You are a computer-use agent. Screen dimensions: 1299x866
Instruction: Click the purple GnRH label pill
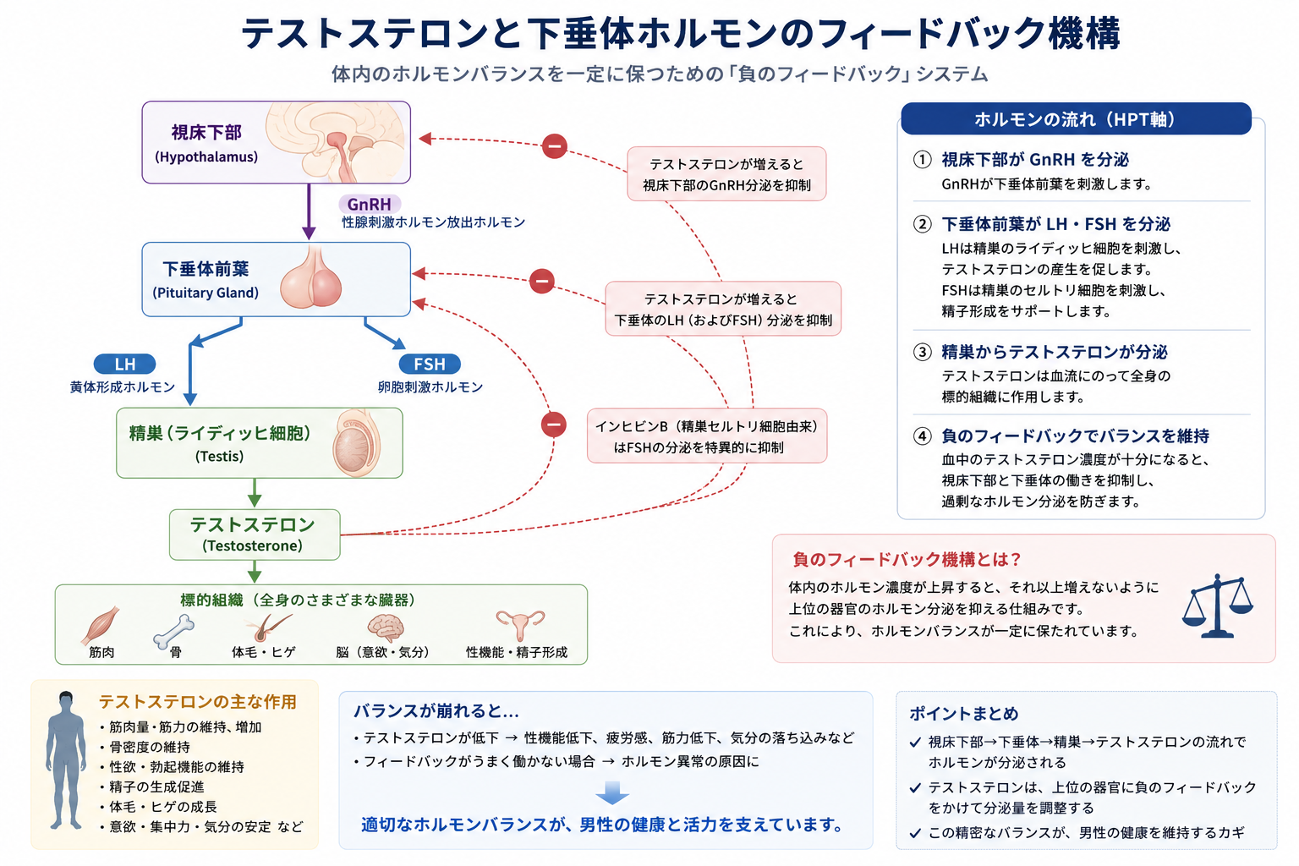click(370, 204)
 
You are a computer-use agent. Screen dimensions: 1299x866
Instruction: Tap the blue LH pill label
click(124, 364)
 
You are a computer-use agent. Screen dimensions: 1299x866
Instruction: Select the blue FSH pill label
click(430, 364)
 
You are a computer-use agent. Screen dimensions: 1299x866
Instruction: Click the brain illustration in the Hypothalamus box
click(335, 142)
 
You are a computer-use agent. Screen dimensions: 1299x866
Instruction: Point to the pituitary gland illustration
click(311, 277)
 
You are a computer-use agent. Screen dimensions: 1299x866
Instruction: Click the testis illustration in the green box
click(356, 443)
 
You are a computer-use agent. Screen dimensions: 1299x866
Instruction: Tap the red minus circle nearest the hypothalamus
click(555, 145)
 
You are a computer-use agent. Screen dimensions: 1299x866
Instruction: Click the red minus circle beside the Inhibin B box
click(554, 425)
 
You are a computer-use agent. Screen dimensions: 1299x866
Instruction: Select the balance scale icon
click(1218, 606)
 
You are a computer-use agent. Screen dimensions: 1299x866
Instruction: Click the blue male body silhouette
click(66, 759)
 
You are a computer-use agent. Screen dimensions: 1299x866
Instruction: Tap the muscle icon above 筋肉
click(101, 625)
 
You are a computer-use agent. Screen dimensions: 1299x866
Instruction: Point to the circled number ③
click(922, 352)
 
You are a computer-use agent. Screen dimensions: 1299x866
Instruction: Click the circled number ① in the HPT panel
click(922, 160)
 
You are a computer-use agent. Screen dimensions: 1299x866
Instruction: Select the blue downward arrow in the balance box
click(611, 792)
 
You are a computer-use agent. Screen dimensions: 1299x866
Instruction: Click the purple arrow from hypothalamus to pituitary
click(309, 211)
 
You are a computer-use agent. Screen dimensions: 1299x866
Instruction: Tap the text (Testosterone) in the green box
click(252, 545)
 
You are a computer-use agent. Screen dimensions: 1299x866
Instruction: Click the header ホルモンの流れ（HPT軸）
click(1076, 119)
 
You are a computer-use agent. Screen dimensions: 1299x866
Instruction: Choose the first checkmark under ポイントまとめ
click(915, 742)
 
